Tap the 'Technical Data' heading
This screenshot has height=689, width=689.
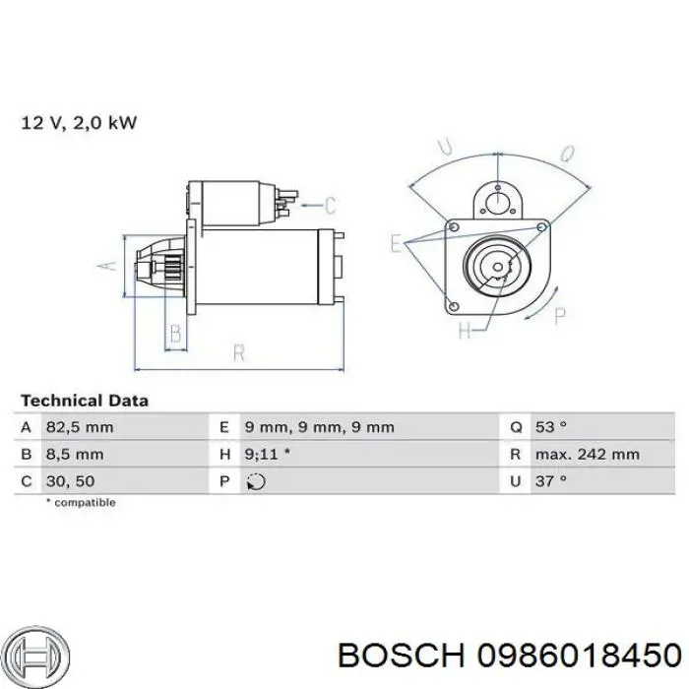click(x=85, y=401)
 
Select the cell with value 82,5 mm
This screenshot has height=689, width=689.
click(x=79, y=427)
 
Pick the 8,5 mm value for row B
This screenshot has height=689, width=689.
click(x=75, y=455)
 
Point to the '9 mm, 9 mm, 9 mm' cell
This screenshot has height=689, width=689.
click(x=319, y=427)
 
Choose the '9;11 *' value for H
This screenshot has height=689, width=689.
click(x=268, y=455)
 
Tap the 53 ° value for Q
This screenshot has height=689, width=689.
click(x=550, y=427)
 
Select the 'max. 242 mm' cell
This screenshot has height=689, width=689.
click(x=588, y=455)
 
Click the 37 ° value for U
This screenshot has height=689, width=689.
click(x=550, y=481)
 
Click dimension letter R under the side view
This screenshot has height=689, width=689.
click(x=239, y=350)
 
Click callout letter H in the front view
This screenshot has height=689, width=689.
click(x=465, y=330)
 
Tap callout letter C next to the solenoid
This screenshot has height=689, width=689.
click(x=330, y=206)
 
